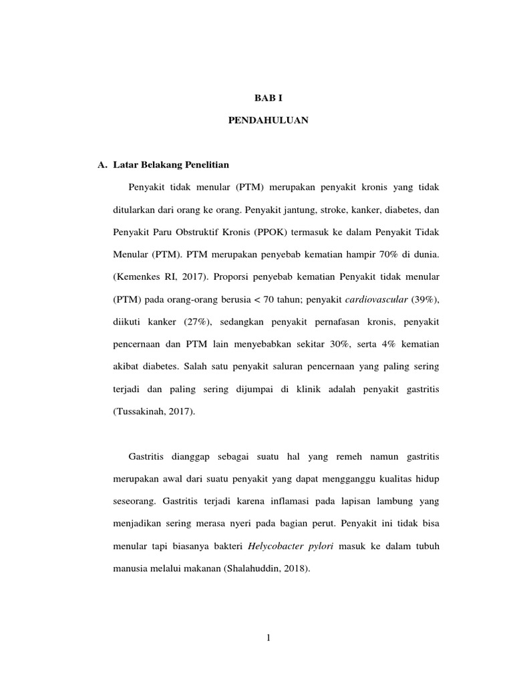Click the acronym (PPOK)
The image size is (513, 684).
(281, 231)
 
